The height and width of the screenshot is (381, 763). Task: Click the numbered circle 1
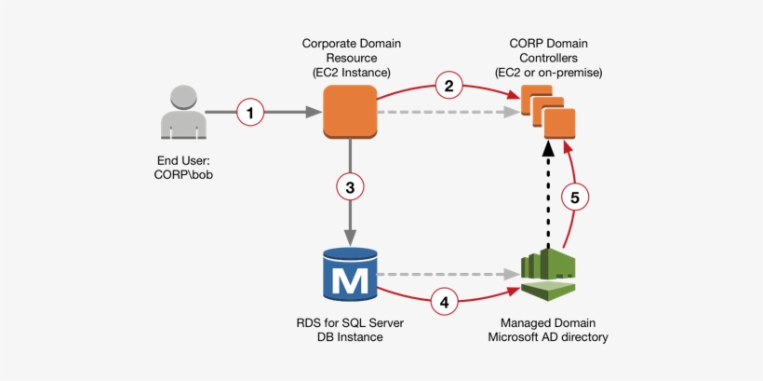[249, 113]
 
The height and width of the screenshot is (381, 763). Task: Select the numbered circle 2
[448, 87]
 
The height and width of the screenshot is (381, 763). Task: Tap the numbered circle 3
[350, 187]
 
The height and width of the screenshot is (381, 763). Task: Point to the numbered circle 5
[575, 197]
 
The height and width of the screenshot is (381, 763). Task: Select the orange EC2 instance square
[349, 112]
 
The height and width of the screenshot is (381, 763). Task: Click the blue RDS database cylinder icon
[350, 276]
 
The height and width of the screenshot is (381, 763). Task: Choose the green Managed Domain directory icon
[548, 274]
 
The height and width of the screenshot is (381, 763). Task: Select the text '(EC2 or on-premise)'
[549, 72]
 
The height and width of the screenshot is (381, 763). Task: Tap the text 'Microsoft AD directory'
[548, 337]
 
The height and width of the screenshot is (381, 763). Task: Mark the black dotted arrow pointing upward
[548, 191]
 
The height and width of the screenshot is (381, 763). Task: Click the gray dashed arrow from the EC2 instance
[447, 113]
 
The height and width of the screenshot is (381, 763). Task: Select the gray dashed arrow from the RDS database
[447, 276]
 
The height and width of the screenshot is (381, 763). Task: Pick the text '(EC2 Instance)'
[349, 72]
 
